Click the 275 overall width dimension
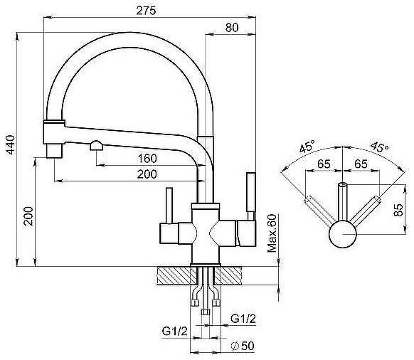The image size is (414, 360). click(x=146, y=11)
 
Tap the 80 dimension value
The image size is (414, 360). click(x=232, y=28)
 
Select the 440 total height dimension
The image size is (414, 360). click(x=11, y=144)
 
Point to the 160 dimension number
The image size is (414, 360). click(x=147, y=159)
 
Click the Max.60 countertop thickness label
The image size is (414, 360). click(x=272, y=233)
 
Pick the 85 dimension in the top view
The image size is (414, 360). click(x=398, y=210)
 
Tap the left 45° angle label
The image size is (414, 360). click(x=308, y=146)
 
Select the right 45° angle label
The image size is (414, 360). click(x=379, y=147)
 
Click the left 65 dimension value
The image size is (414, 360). click(x=324, y=164)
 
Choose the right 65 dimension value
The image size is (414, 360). click(x=361, y=164)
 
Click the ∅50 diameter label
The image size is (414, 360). click(x=243, y=346)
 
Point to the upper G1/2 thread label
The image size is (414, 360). click(x=243, y=319)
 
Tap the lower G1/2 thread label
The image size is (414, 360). click(x=174, y=331)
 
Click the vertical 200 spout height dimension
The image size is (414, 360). click(x=28, y=216)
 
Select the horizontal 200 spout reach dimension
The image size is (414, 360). click(x=147, y=174)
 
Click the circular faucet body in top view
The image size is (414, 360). click(x=342, y=234)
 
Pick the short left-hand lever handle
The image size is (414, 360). click(x=169, y=206)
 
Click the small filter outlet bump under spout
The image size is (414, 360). click(x=96, y=146)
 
